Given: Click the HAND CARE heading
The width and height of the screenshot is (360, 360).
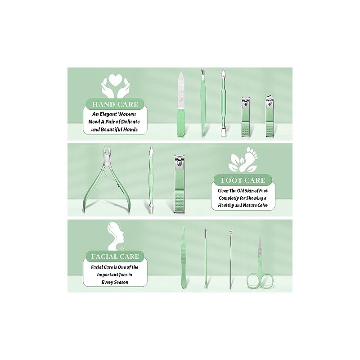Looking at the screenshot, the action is point(115,104).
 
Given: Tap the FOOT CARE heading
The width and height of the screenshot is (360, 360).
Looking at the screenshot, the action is point(243,180).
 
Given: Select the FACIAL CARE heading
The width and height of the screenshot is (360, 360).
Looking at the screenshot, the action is point(115,256).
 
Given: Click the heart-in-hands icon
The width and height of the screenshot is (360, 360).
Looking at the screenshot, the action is point(115,86).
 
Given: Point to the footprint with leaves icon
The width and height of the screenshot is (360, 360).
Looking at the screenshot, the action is point(243,160).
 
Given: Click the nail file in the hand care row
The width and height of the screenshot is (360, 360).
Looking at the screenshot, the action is point(181,104).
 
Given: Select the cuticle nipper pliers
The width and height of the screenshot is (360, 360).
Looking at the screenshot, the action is point(107,179).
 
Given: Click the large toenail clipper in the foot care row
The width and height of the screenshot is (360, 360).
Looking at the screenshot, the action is point(179,184).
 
